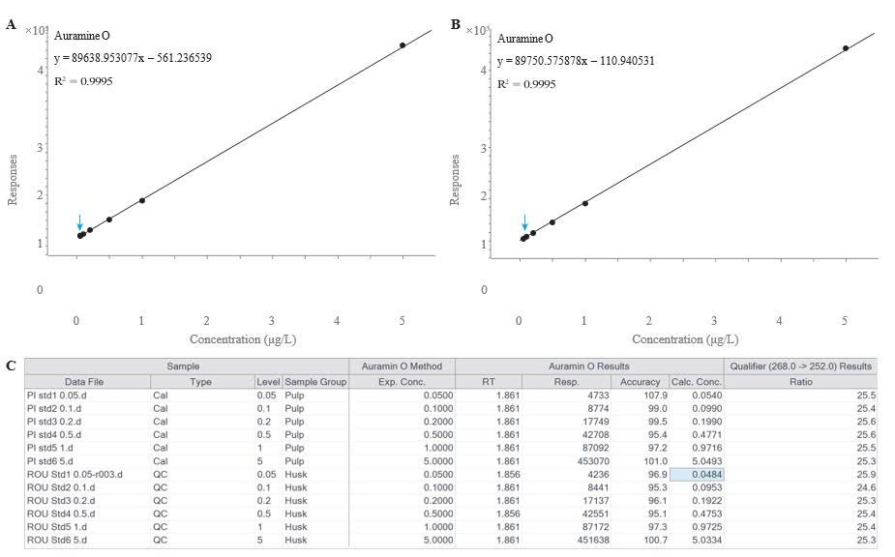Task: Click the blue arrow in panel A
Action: click(79, 222)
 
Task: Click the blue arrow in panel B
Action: click(524, 223)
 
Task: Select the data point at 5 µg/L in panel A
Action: click(403, 44)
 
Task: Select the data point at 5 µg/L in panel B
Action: click(846, 47)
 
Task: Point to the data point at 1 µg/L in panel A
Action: click(142, 200)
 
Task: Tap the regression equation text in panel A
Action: click(133, 58)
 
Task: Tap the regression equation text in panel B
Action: click(576, 61)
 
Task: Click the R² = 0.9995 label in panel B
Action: click(526, 84)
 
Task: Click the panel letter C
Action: click(11, 366)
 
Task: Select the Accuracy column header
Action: click(640, 382)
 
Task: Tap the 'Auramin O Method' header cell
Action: click(402, 366)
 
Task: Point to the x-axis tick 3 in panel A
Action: click(272, 320)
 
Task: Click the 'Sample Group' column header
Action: click(315, 382)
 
